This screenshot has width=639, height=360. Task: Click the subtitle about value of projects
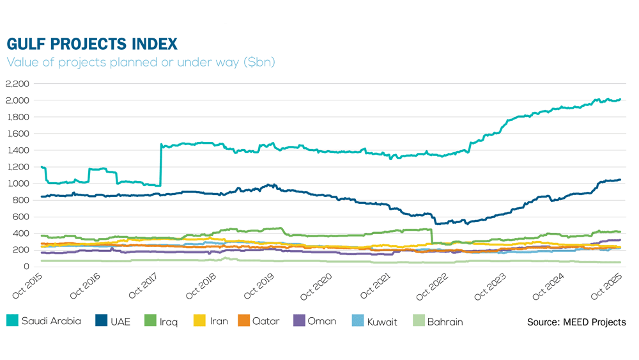tap(141, 63)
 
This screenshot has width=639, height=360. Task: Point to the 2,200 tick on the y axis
tap(18, 84)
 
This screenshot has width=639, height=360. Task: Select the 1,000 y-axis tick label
tap(18, 184)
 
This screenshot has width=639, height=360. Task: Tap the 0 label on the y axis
tap(27, 267)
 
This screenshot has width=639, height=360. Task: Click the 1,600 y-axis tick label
tap(18, 134)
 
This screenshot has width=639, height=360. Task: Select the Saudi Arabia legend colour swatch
tap(12, 321)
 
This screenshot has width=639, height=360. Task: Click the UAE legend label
tap(120, 322)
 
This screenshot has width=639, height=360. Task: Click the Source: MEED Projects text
tap(576, 322)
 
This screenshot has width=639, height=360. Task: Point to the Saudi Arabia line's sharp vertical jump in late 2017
tap(160, 166)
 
